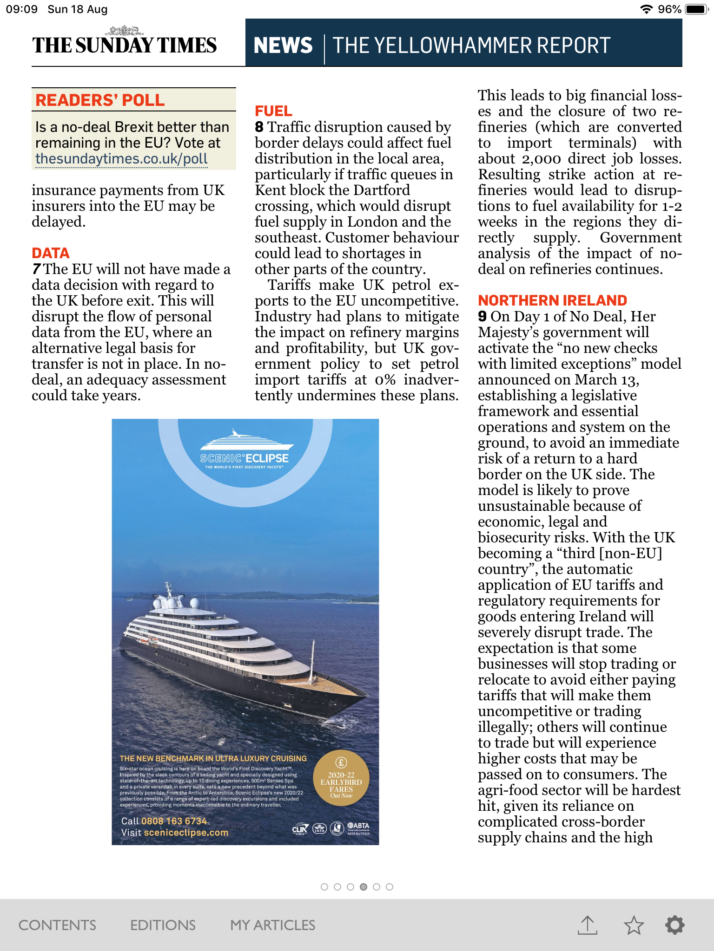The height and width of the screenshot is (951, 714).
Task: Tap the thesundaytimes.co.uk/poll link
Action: click(121, 159)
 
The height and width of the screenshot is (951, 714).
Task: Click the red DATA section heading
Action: click(51, 253)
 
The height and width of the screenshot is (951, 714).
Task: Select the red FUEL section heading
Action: click(273, 111)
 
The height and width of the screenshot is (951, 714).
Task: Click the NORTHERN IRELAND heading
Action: click(552, 300)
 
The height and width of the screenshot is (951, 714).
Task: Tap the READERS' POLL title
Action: click(100, 100)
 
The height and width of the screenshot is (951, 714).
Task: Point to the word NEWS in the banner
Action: click(283, 46)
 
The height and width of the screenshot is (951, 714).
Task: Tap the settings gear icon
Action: click(674, 925)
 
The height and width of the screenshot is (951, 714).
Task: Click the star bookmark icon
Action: click(634, 925)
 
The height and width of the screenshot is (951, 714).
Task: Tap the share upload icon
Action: click(588, 925)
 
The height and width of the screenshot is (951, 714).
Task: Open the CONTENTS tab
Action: click(57, 925)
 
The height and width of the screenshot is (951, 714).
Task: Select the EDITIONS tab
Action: click(163, 925)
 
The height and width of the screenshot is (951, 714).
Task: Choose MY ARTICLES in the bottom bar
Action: click(273, 925)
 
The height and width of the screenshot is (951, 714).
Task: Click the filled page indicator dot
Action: click(364, 887)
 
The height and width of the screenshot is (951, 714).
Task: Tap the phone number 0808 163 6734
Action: click(174, 821)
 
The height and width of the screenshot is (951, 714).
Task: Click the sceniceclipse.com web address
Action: click(186, 833)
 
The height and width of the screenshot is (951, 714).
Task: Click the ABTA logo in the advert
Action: click(358, 827)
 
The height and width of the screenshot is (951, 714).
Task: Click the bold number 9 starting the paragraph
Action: click(482, 317)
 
